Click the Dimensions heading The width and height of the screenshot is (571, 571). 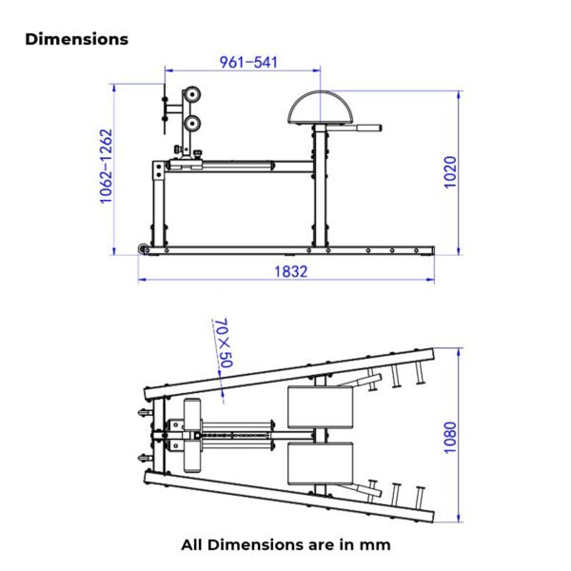coord(76,39)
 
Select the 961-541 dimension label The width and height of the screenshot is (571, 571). coord(248,62)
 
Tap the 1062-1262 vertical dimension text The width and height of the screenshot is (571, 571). coord(106,166)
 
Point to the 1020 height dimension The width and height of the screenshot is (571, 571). coord(450,172)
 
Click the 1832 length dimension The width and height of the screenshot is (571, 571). coord(290,271)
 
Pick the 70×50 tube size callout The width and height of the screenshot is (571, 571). coord(224,343)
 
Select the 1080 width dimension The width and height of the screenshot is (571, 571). coord(450,438)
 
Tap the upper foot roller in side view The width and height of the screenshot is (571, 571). coord(191,95)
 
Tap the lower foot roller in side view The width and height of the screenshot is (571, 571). coord(191,124)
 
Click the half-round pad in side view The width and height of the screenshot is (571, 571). coord(321,107)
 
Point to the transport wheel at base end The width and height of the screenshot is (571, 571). coord(142,248)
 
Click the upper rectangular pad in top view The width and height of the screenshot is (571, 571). coord(321,407)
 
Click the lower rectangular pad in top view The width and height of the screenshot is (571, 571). coord(321,463)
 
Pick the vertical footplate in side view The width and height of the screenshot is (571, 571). coord(165,108)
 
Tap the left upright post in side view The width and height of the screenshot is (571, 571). coord(158,204)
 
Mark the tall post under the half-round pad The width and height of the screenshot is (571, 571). coord(320,186)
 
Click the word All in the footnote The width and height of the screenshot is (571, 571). coord(192,544)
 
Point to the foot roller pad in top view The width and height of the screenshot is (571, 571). coord(192,436)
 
